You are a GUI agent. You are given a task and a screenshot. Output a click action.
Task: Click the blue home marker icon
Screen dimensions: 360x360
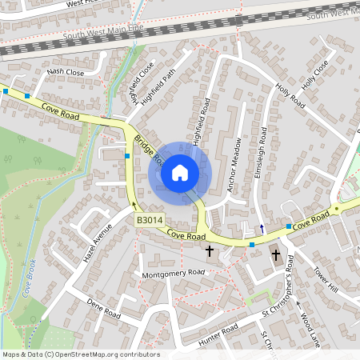click(179, 173)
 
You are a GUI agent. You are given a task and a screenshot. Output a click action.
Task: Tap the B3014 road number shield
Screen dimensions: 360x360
click(150, 219)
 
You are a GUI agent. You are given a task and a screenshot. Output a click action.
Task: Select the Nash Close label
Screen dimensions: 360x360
click(66, 72)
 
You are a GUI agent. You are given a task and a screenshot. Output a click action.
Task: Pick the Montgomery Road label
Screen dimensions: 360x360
click(173, 273)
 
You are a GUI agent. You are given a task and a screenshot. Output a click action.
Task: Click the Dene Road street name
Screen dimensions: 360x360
click(103, 310)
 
